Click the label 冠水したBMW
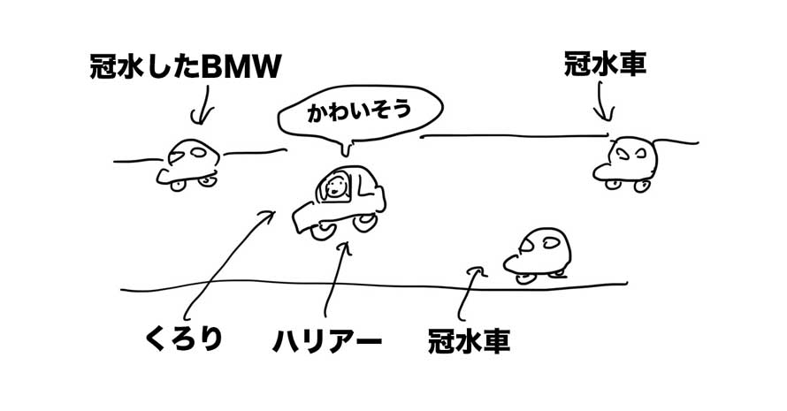[185, 67]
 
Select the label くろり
[184, 339]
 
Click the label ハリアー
[327, 341]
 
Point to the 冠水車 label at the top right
[605, 65]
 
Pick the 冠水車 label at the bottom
[469, 341]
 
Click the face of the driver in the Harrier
[335, 187]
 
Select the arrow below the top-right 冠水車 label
[602, 102]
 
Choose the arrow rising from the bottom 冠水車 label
[466, 293]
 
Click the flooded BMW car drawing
[187, 165]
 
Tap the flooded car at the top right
[625, 164]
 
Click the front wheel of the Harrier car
[321, 231]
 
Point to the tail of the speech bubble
[346, 148]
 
